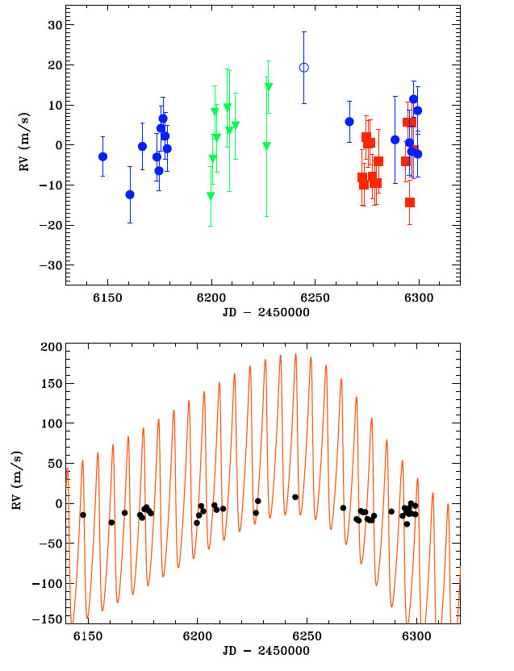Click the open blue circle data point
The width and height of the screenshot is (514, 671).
[304, 68]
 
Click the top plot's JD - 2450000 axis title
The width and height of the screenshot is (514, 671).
[262, 313]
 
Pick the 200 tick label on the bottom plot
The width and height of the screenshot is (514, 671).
[47, 347]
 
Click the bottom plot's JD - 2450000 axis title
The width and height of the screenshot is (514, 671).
[262, 652]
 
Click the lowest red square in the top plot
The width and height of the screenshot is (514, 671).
[410, 202]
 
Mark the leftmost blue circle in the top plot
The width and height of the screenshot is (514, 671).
[102, 156]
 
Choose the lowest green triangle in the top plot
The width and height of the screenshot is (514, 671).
[211, 196]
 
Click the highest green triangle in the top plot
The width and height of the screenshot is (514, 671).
[269, 86]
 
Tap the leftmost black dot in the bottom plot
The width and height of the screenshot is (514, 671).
[83, 515]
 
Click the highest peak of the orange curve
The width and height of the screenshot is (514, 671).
[295, 354]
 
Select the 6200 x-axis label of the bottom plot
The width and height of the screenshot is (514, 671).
[197, 637]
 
